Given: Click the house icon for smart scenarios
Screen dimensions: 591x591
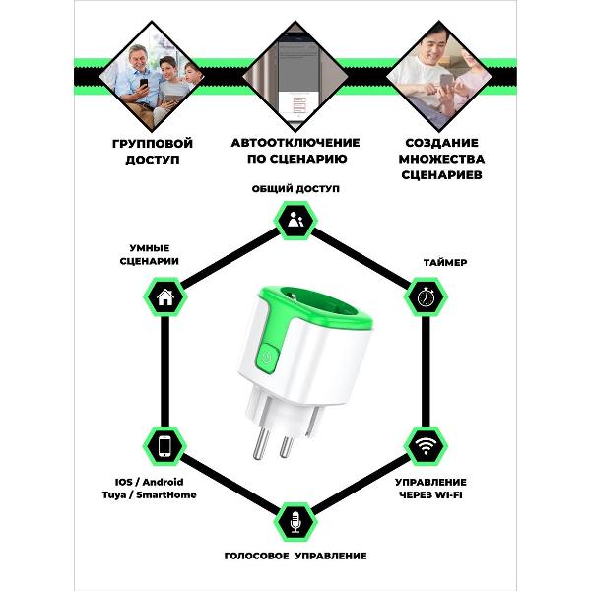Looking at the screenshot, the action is tap(165, 297).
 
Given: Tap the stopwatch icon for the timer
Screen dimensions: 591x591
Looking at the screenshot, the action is tap(426, 297).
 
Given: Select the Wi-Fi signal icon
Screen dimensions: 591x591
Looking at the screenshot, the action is tap(426, 446).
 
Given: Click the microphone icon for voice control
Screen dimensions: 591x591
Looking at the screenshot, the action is tap(295, 522).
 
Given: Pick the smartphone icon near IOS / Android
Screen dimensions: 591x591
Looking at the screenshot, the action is tap(164, 446).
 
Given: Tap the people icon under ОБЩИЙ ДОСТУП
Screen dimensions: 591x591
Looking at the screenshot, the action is tap(295, 220).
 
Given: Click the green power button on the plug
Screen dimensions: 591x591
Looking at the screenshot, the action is tap(267, 358).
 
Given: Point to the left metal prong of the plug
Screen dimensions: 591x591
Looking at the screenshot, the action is tap(261, 444).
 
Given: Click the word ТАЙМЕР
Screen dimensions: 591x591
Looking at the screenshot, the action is tap(445, 262).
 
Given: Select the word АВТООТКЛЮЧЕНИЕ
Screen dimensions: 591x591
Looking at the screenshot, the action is tap(295, 143).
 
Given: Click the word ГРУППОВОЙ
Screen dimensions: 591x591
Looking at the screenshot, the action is tap(153, 144).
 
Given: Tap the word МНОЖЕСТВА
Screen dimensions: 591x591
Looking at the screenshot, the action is tap(441, 159).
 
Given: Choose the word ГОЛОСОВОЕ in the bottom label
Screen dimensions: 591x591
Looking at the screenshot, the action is tap(257, 556).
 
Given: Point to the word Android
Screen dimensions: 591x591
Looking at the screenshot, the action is tap(164, 482).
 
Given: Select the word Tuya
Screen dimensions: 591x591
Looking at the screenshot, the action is tap(113, 495).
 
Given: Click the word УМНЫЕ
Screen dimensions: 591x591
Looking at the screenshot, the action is tap(150, 248).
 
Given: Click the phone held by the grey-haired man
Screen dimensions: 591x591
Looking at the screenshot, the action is tap(144, 82).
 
